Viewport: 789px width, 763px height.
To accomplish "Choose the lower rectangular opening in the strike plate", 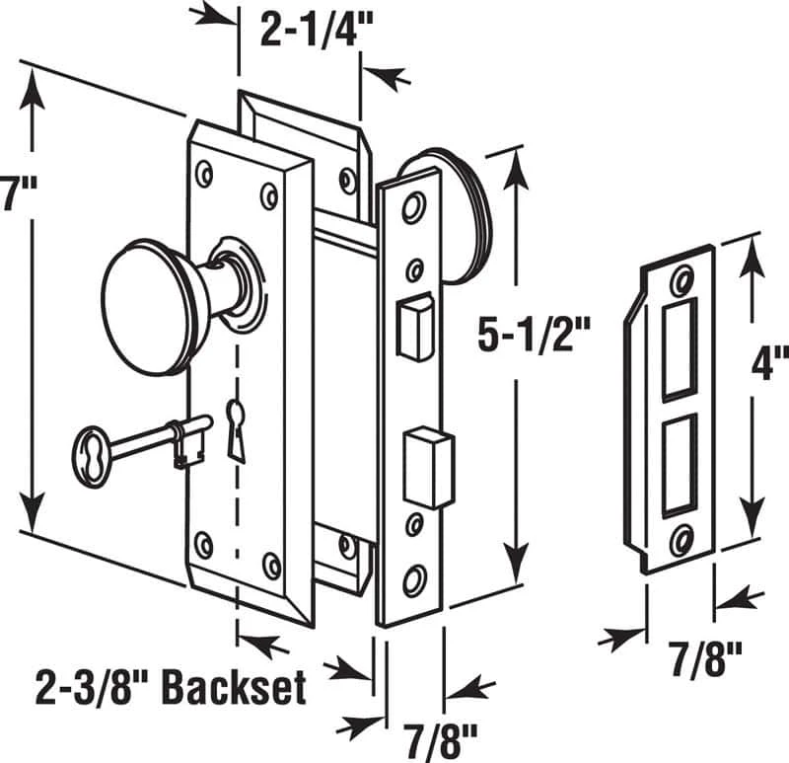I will coord(679,465).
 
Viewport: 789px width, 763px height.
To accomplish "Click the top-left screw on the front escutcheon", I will coord(204,174).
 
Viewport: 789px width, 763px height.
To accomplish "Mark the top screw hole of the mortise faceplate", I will coord(412,206).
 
